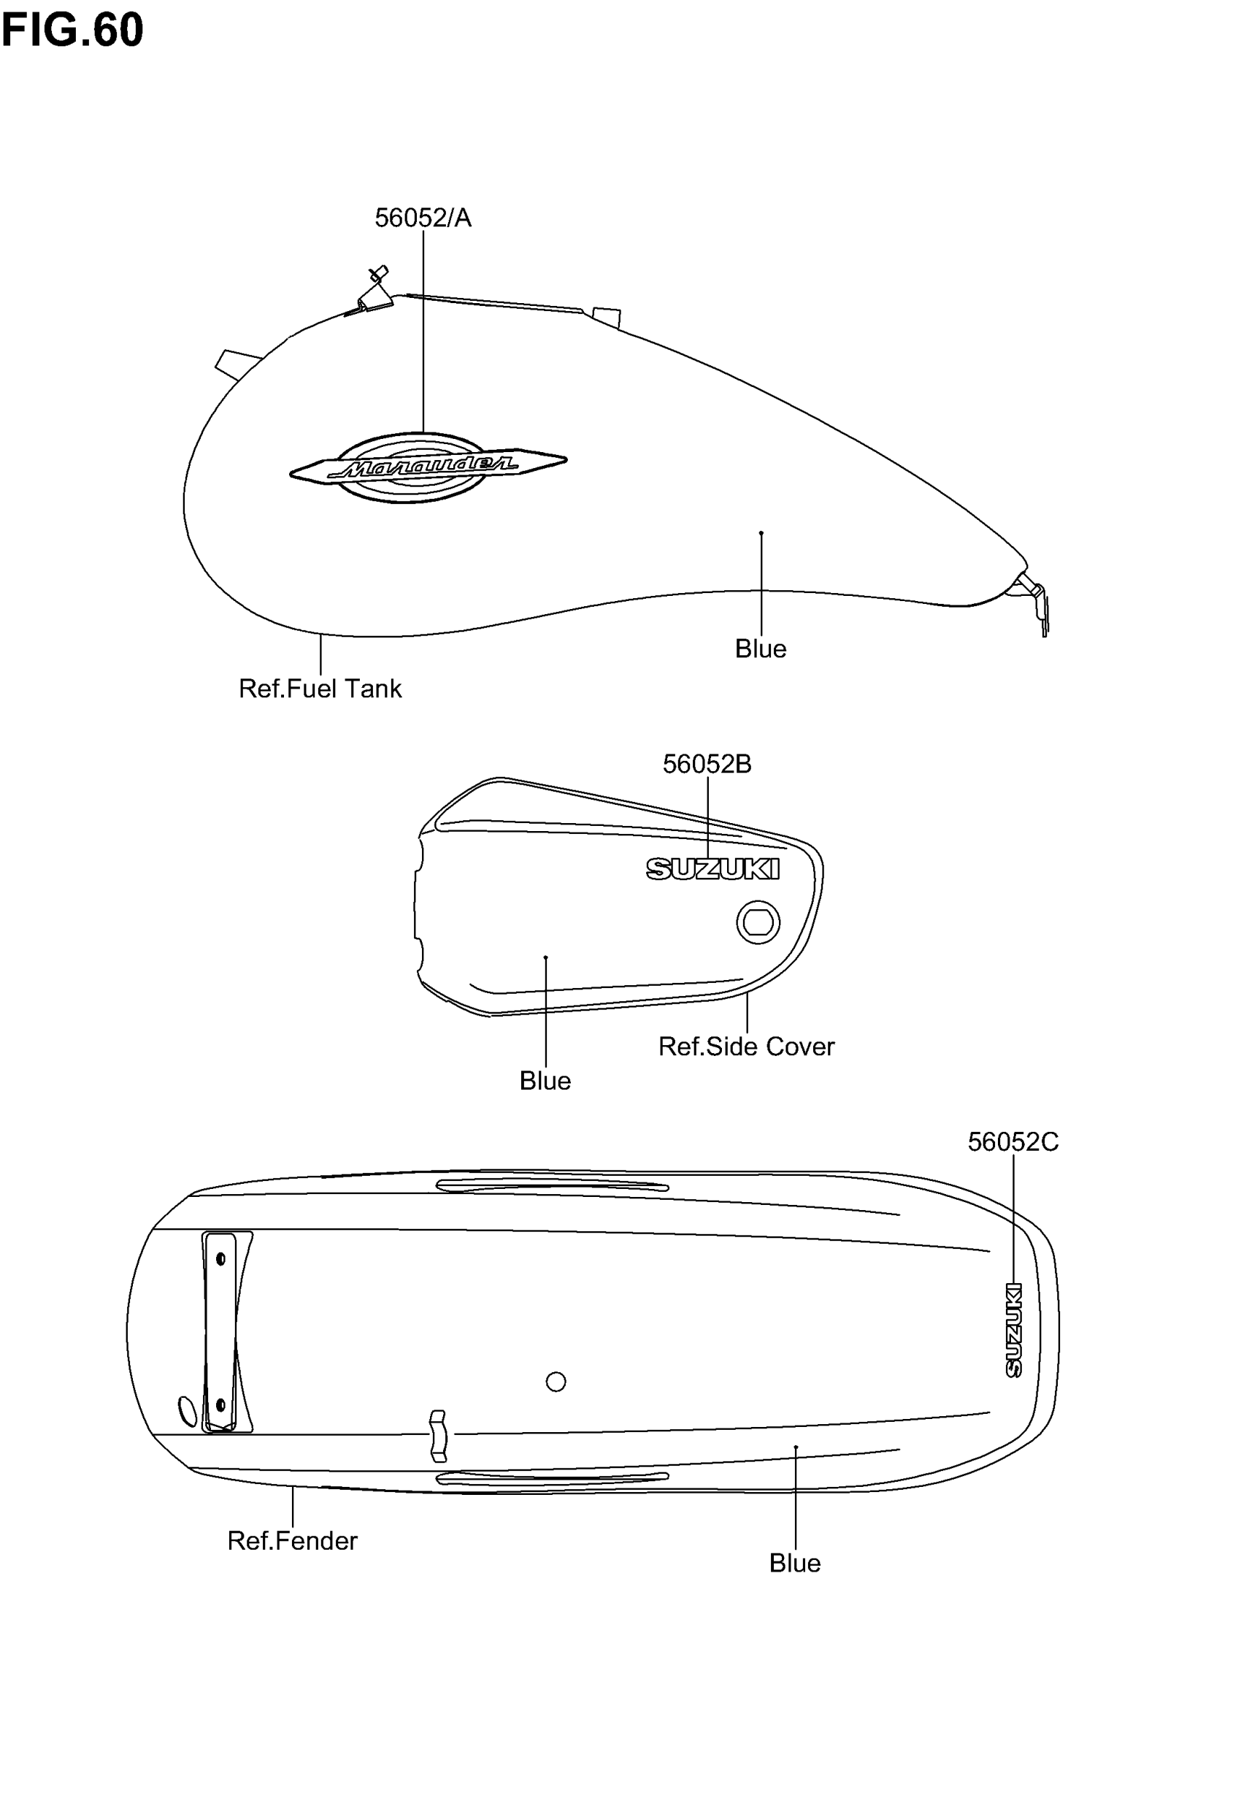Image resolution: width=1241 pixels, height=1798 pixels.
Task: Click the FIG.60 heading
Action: point(72,29)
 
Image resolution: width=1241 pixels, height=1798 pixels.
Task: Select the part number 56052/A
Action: point(422,218)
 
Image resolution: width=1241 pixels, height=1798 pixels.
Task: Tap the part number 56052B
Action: point(706,765)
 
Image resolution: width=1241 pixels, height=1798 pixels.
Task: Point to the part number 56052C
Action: point(1013,1141)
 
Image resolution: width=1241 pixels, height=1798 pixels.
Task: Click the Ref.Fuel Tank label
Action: point(320,688)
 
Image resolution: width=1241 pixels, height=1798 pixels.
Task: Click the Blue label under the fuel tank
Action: point(760,649)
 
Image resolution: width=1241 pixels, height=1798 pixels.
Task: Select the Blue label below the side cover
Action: point(545,1081)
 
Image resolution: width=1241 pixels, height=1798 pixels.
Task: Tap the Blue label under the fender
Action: point(794,1563)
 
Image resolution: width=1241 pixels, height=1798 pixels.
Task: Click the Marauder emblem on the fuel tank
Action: point(427,467)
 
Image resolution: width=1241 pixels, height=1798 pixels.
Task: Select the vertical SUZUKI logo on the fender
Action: point(1013,1331)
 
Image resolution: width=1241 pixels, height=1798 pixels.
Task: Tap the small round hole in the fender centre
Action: point(556,1381)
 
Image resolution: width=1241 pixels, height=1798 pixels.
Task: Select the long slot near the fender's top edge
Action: point(551,1186)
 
